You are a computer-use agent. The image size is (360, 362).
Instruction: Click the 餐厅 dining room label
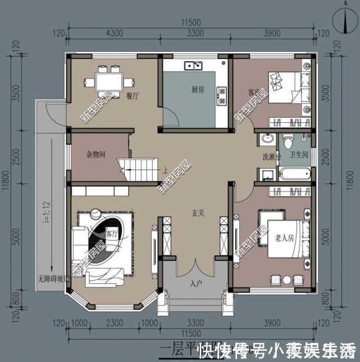click(132, 95)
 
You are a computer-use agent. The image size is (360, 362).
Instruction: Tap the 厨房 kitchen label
click(197, 89)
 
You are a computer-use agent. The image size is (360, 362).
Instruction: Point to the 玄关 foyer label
click(198, 213)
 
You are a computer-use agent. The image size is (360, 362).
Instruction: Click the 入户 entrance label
click(195, 283)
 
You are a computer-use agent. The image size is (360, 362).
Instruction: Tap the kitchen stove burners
click(221, 95)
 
